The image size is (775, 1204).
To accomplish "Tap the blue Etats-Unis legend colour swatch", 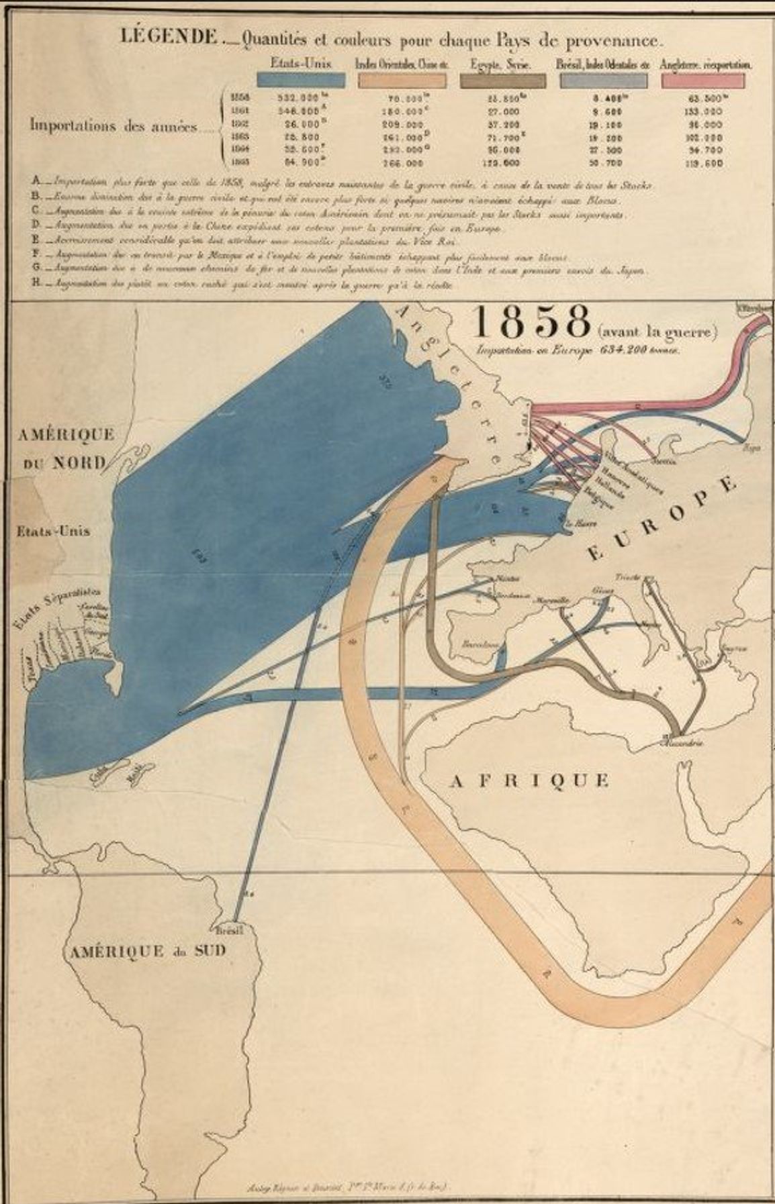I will coord(302,80).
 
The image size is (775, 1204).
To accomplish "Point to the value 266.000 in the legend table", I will coord(403,162).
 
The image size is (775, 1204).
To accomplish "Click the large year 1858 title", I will coord(530,323).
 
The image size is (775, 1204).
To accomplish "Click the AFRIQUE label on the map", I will coord(530,780).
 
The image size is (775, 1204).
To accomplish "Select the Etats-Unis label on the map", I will coord(54,530).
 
